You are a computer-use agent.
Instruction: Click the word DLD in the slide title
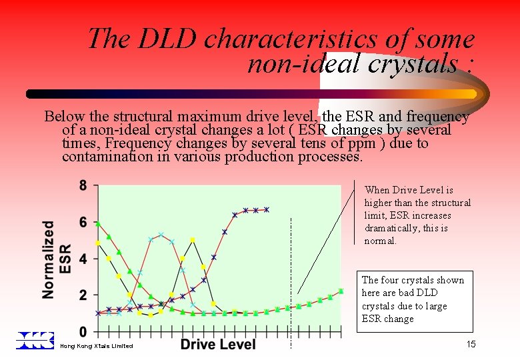pyautogui.click(x=167, y=39)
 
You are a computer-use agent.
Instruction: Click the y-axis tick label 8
pyautogui.click(x=83, y=186)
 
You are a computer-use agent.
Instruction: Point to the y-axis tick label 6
pyautogui.click(x=83, y=223)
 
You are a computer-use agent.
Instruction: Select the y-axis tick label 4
pyautogui.click(x=83, y=259)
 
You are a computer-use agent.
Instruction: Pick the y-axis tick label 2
pyautogui.click(x=83, y=295)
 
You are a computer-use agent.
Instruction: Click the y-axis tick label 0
pyautogui.click(x=83, y=331)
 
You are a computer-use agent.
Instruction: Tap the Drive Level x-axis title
pyautogui.click(x=218, y=344)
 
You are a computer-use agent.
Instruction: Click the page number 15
pyautogui.click(x=471, y=344)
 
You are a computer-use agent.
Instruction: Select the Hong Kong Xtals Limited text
pyautogui.click(x=96, y=346)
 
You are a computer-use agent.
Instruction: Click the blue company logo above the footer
pyautogui.click(x=35, y=340)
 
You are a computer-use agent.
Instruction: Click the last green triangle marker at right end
pyautogui.click(x=341, y=291)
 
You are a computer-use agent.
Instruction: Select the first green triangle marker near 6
pyautogui.click(x=99, y=224)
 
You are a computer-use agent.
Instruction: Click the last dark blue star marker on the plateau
pyautogui.click(x=267, y=209)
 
